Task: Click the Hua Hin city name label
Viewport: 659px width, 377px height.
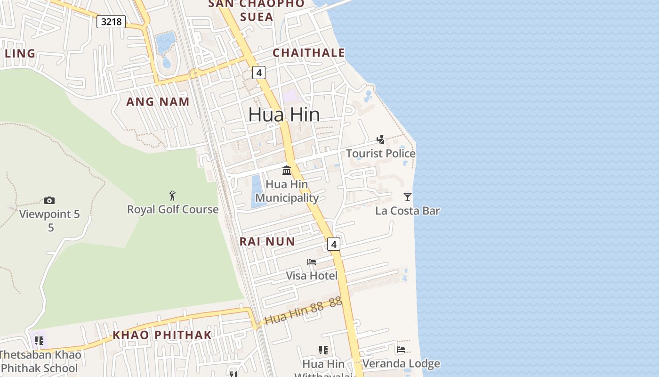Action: click(x=284, y=115)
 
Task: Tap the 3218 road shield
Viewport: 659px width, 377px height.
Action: click(x=111, y=21)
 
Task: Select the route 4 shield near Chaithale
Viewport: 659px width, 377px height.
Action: click(x=258, y=73)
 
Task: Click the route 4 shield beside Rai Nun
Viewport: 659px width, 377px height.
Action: click(x=334, y=244)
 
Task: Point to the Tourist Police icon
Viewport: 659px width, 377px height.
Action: click(x=381, y=139)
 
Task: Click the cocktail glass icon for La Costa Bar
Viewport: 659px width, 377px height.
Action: click(x=408, y=197)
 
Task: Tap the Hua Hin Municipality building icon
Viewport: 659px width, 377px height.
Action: click(x=287, y=170)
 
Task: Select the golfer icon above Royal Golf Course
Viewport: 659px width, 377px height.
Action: click(x=173, y=195)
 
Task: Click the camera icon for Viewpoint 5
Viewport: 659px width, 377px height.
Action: click(x=49, y=201)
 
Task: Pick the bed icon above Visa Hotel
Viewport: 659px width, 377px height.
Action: click(x=312, y=262)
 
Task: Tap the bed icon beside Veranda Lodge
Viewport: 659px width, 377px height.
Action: click(x=401, y=350)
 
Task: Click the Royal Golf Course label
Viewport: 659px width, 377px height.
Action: click(x=173, y=209)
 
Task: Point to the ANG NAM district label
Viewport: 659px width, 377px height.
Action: click(x=158, y=101)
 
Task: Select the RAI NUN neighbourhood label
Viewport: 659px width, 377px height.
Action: click(x=267, y=242)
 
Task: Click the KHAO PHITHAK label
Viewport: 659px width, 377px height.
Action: click(x=162, y=335)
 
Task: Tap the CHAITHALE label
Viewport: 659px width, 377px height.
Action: click(x=309, y=53)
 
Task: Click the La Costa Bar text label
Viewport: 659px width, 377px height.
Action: click(x=408, y=211)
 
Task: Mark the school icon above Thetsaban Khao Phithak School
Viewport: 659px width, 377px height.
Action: click(x=39, y=340)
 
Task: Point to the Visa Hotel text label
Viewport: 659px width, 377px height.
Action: click(x=312, y=276)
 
